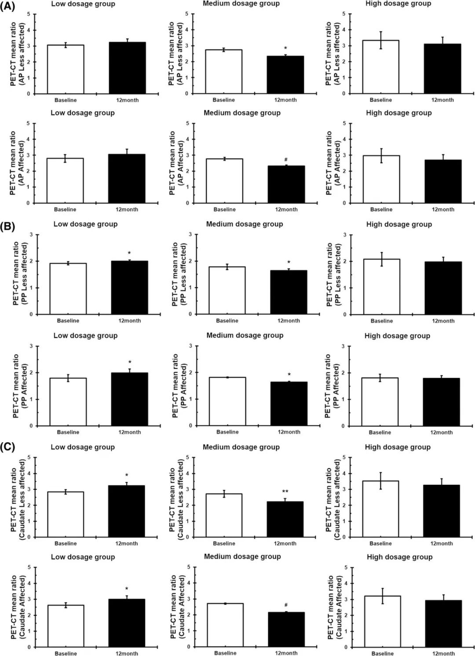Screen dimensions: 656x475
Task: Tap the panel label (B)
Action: tap(7, 227)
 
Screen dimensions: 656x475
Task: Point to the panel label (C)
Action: tap(7, 447)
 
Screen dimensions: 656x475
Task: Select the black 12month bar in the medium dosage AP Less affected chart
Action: tap(285, 75)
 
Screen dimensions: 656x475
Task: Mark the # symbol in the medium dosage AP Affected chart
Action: tap(286, 160)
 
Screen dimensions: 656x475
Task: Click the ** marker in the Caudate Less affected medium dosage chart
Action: tap(285, 491)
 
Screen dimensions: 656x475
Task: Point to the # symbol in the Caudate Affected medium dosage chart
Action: tap(286, 605)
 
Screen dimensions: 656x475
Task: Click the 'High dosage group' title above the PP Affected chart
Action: tap(397, 336)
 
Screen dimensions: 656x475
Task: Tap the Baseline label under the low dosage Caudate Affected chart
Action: tap(66, 653)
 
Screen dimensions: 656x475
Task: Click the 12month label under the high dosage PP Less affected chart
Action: tap(443, 321)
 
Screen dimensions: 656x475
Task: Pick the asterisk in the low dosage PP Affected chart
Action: tap(130, 363)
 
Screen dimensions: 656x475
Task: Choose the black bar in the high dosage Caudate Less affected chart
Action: tap(442, 511)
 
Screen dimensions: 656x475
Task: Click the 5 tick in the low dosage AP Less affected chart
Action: tap(29, 14)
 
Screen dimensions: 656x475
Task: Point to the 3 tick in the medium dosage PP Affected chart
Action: tap(190, 346)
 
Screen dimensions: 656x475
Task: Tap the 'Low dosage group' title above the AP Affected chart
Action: tap(83, 113)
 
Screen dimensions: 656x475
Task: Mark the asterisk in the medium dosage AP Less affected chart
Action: tap(285, 48)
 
